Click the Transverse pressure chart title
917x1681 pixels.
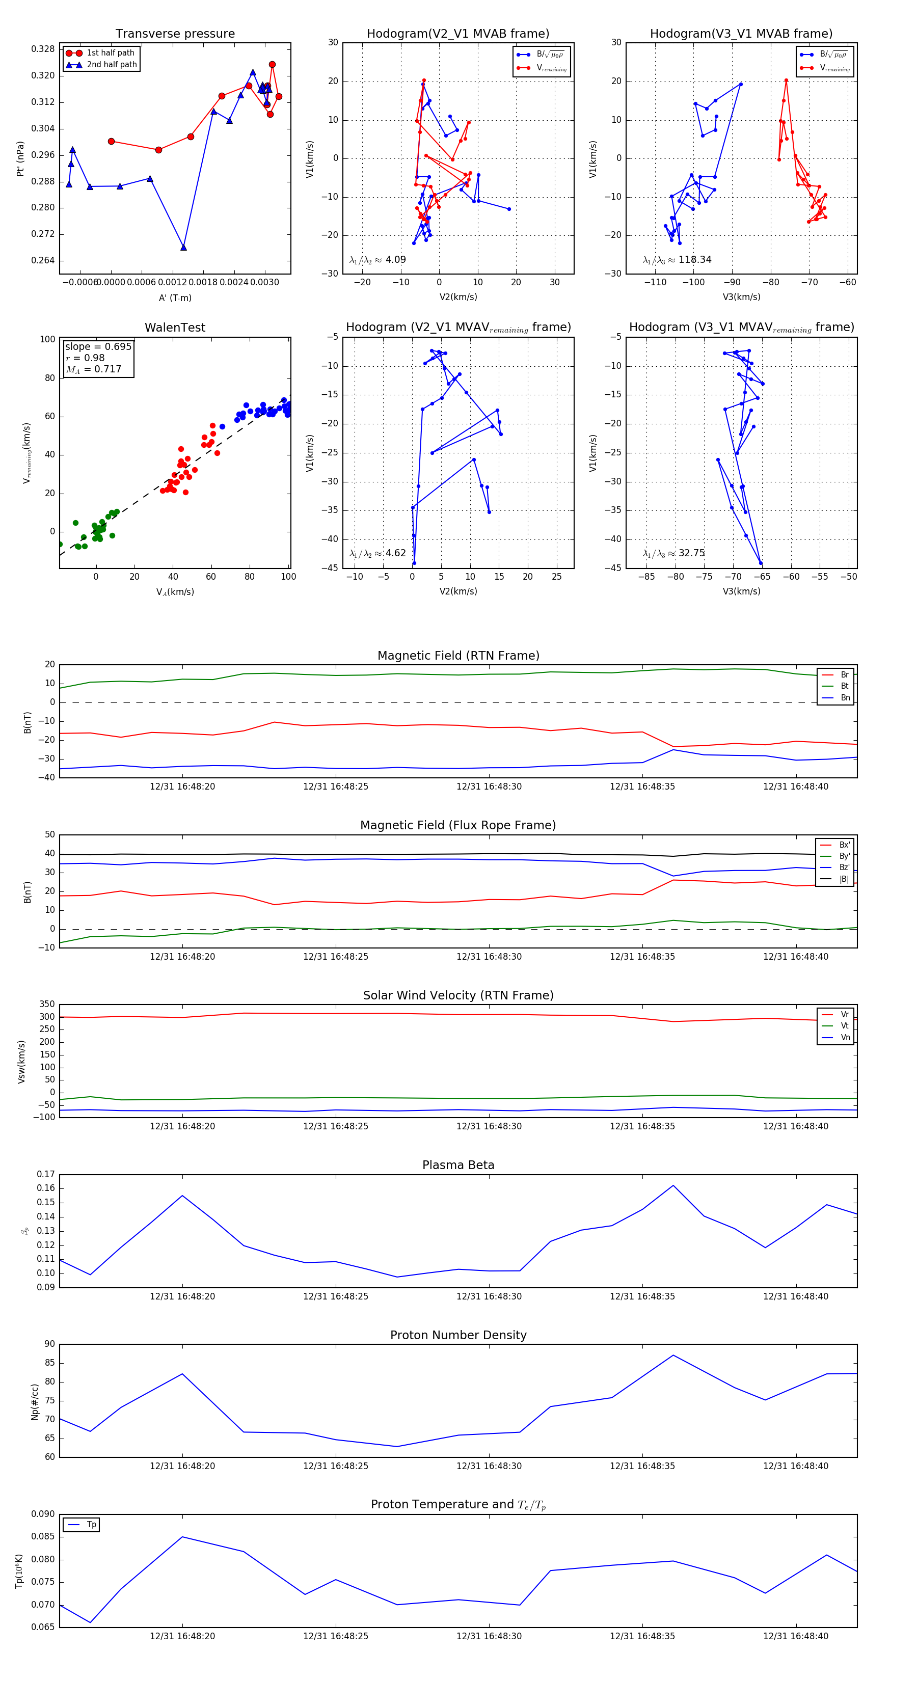[x=175, y=34]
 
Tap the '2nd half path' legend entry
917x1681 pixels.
[x=112, y=65]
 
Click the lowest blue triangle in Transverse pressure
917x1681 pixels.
[x=183, y=248]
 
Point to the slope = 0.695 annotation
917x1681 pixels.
[x=98, y=346]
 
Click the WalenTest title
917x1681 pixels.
[x=175, y=328]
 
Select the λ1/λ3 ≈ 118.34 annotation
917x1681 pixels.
[x=677, y=260]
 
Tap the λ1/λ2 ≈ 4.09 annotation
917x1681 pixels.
[x=377, y=260]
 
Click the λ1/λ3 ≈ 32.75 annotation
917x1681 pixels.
[x=673, y=553]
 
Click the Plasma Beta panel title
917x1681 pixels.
[x=458, y=1165]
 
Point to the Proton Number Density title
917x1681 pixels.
[x=458, y=1335]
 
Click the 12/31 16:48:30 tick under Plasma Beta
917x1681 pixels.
[x=489, y=1296]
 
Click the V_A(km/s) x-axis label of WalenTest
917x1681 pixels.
[x=175, y=592]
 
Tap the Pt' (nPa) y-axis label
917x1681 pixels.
[x=21, y=158]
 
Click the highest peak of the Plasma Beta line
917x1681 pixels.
[x=673, y=1185]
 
